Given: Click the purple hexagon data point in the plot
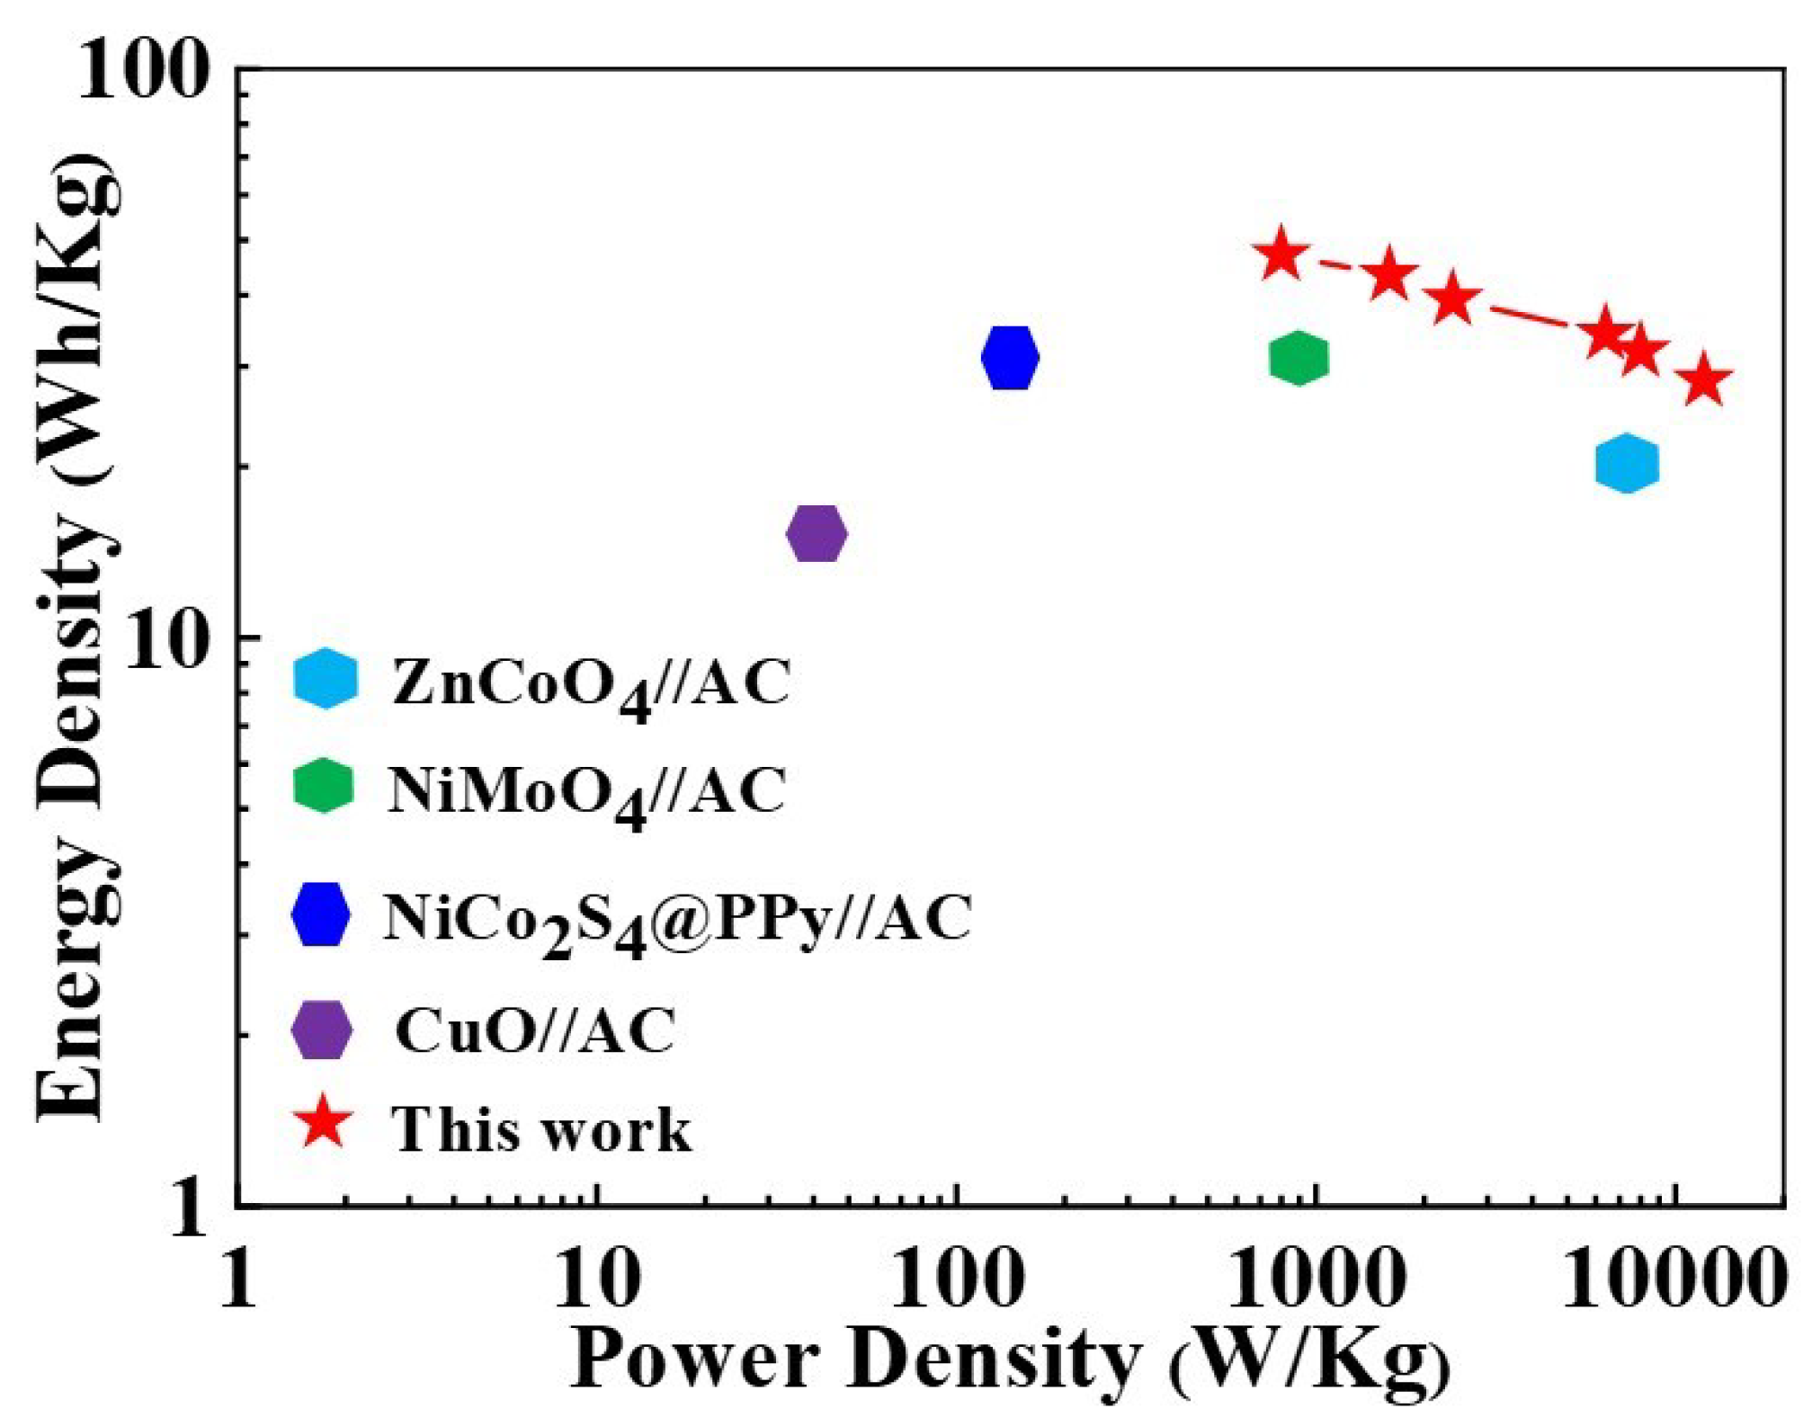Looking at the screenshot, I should (x=817, y=533).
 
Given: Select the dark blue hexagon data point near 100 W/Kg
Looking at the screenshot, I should (x=1010, y=357).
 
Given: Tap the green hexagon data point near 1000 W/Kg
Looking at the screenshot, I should (x=1298, y=358).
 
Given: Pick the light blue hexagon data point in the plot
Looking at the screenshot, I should (x=1626, y=464).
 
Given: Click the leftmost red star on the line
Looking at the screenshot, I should (x=1281, y=255).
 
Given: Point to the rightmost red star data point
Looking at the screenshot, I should (x=1703, y=381).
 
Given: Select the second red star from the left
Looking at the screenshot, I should (x=1389, y=275).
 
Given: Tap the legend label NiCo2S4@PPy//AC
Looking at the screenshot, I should (x=676, y=920).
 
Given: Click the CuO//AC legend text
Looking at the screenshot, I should (x=534, y=1030).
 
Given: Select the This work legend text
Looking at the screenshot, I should (x=540, y=1129).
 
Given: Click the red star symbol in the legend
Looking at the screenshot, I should (x=324, y=1124).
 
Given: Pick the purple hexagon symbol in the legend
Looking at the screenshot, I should (x=322, y=1029).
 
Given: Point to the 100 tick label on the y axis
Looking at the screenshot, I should (x=142, y=72).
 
